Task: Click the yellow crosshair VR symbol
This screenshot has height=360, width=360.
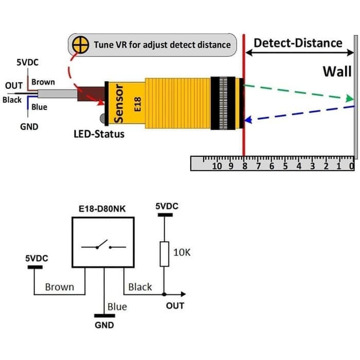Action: (x=79, y=44)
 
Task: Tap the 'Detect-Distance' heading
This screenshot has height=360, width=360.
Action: (x=298, y=43)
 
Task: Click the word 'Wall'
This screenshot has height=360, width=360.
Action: (x=336, y=71)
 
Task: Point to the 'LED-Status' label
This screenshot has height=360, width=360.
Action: (x=98, y=135)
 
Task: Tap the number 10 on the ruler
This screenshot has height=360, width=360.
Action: (x=217, y=166)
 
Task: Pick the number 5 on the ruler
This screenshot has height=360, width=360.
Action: (x=284, y=166)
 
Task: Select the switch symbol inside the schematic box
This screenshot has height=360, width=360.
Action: (x=103, y=245)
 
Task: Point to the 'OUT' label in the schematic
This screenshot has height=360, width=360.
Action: (x=175, y=305)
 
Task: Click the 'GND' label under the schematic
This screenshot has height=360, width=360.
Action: (x=104, y=325)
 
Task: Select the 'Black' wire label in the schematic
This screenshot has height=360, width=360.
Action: (x=140, y=287)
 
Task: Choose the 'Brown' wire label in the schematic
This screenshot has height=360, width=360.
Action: (x=60, y=287)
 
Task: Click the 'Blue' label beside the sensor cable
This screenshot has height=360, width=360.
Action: (x=39, y=107)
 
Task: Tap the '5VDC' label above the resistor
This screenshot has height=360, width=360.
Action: (x=167, y=206)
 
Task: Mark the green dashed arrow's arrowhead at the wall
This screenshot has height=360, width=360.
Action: (x=350, y=98)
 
